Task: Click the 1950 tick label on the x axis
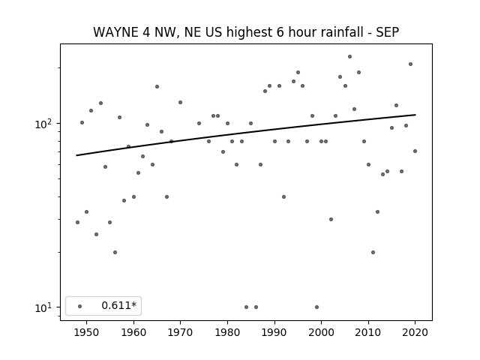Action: (x=87, y=332)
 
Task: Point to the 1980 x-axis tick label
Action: (x=227, y=332)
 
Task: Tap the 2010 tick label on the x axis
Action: (x=368, y=332)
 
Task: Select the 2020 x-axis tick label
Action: (x=415, y=332)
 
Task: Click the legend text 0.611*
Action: (x=118, y=305)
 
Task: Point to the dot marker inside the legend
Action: (x=80, y=306)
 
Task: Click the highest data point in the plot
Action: (x=349, y=57)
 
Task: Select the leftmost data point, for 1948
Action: (x=77, y=222)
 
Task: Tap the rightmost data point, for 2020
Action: (x=415, y=151)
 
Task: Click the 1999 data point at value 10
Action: (x=316, y=307)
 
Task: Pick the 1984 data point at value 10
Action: (x=246, y=307)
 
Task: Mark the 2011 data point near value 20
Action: (x=373, y=252)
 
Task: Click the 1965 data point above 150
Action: (x=157, y=87)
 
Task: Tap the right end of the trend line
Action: (x=415, y=115)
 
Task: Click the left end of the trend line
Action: (x=76, y=155)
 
